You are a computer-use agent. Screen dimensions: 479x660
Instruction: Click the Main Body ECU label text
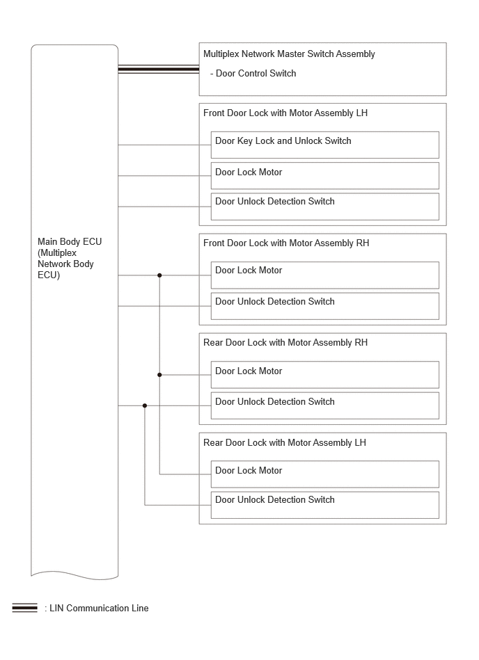[70, 258]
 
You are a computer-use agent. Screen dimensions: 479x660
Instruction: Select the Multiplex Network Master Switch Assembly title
[289, 54]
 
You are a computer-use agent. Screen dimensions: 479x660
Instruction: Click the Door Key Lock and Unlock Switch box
[325, 145]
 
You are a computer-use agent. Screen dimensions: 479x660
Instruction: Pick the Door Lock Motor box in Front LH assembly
[325, 175]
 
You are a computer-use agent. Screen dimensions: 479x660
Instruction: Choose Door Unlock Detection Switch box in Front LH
[325, 207]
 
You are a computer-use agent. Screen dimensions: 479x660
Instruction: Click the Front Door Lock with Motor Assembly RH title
[286, 243]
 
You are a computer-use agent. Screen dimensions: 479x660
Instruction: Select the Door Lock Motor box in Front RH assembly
[325, 275]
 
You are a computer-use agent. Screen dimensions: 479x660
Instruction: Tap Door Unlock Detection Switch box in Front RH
[325, 306]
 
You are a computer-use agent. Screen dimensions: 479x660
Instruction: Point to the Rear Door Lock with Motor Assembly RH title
[285, 343]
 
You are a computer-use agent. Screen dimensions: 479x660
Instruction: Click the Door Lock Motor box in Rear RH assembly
[325, 375]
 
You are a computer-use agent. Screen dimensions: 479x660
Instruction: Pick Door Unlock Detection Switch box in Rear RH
[325, 405]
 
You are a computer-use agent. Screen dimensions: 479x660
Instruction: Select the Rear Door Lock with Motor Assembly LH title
[284, 443]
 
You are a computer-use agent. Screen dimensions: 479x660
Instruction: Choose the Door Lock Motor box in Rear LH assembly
[325, 474]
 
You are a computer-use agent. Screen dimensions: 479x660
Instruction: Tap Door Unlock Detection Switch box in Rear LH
[325, 505]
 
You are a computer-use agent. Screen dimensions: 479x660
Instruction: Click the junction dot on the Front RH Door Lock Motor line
[159, 275]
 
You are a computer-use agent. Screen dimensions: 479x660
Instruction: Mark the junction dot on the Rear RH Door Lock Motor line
[159, 375]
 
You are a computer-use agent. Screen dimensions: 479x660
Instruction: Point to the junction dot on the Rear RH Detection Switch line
[145, 405]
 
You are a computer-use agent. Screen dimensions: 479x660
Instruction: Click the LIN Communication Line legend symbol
[25, 608]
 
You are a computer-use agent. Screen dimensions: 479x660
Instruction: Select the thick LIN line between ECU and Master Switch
[159, 70]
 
